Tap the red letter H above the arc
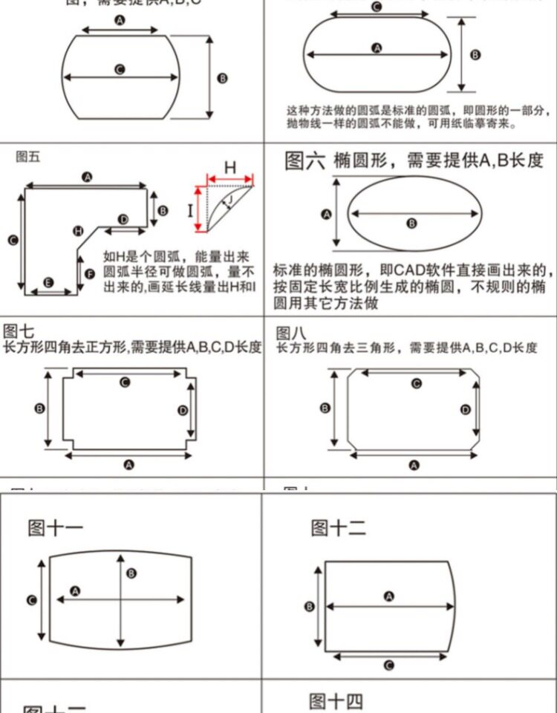pos(230,168)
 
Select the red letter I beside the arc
pos(190,208)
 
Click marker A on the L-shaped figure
pos(87,177)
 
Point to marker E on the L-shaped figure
pos(48,282)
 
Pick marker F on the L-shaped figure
pos(90,274)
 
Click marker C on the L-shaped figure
pos(13,240)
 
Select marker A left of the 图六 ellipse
pos(325,215)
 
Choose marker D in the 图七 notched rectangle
pos(183,410)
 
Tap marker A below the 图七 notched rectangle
pos(129,465)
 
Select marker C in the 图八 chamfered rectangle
pos(416,383)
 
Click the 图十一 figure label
pos(56,528)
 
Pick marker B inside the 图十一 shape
pos(131,573)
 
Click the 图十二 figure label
pos(338,528)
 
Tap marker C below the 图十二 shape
pos(388,665)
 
